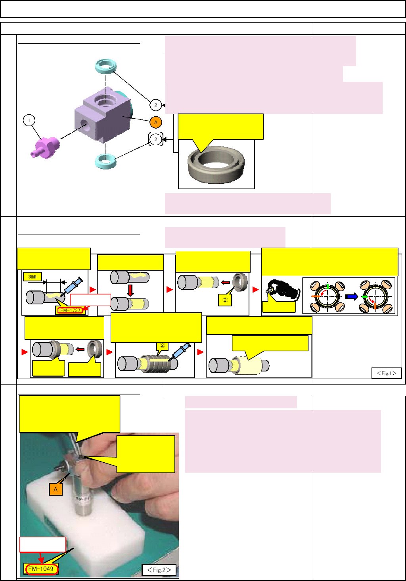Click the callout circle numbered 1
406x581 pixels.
tap(29, 120)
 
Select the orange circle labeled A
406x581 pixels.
tap(156, 122)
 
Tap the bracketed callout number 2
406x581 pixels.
tap(156, 139)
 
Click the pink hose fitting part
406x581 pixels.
tap(45, 147)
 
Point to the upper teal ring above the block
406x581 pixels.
tap(106, 65)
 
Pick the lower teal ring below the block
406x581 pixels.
tap(105, 161)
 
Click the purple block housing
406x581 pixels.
tap(102, 115)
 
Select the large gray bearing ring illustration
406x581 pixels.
tap(216, 164)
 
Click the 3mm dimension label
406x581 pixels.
tap(33, 276)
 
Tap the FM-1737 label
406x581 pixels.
tap(71, 310)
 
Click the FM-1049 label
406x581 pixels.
tap(41, 569)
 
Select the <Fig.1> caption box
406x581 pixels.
tap(386, 373)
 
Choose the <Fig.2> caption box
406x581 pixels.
tap(159, 570)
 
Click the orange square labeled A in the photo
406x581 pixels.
tap(56, 489)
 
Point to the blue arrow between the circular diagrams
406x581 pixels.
tap(351, 296)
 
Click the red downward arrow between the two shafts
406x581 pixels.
tap(130, 290)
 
